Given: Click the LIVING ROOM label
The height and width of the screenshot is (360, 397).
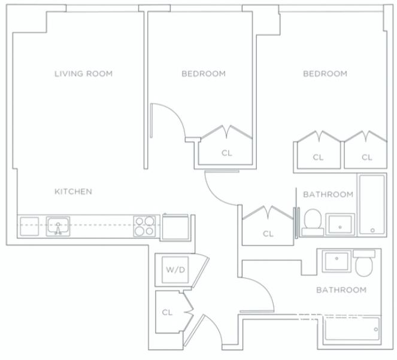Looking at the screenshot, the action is pos(84,74).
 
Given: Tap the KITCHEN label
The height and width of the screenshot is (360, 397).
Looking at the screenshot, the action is pos(73,192).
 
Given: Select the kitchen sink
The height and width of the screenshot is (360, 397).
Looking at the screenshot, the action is pos(58,226).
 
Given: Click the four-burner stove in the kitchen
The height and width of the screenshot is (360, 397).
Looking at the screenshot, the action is pos(144,226).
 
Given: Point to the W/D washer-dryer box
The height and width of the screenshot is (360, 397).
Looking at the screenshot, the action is pos(175,270).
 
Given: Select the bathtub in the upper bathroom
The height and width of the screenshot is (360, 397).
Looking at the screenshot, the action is pos(372,204).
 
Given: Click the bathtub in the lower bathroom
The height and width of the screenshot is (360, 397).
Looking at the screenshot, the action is pos(352,329).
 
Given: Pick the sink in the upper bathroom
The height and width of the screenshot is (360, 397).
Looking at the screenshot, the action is pos(340,224).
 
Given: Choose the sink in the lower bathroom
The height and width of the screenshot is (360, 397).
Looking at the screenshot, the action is pos(337,261).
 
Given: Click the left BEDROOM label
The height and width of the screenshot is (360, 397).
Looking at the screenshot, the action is pos(204,74).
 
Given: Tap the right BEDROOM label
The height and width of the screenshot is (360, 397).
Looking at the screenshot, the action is pos(325,74).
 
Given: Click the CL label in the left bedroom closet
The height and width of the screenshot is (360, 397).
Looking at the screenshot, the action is pos(226,153).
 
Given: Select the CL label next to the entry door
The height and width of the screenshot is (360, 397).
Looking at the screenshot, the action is pos(167,312).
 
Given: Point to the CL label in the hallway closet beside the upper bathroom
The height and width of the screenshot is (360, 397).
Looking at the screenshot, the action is pos(268,234).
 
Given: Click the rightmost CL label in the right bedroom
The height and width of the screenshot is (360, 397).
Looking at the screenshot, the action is pos(367,158).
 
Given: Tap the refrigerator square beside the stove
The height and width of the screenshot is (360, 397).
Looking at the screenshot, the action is pos(175,228).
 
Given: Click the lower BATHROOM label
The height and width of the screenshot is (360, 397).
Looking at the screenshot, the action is pos(341,290).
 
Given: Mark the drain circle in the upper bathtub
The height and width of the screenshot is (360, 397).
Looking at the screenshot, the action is pos(372,230).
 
